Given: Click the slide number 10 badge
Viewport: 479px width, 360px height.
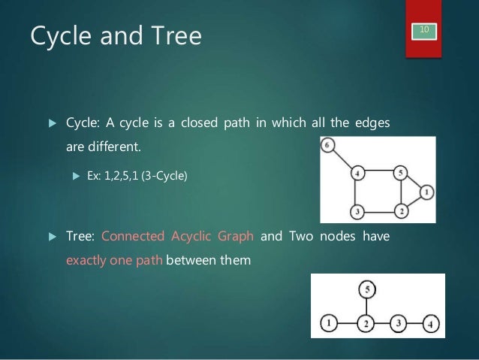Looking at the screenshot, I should (424, 29).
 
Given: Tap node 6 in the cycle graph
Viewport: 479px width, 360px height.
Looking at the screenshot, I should (328, 145).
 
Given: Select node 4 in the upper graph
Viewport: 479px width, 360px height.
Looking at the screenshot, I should (359, 174).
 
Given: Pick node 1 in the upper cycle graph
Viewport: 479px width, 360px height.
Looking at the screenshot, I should (426, 192).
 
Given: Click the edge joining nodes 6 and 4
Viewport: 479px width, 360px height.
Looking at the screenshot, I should (343, 159).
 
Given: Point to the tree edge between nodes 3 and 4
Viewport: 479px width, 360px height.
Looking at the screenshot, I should (414, 324).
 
